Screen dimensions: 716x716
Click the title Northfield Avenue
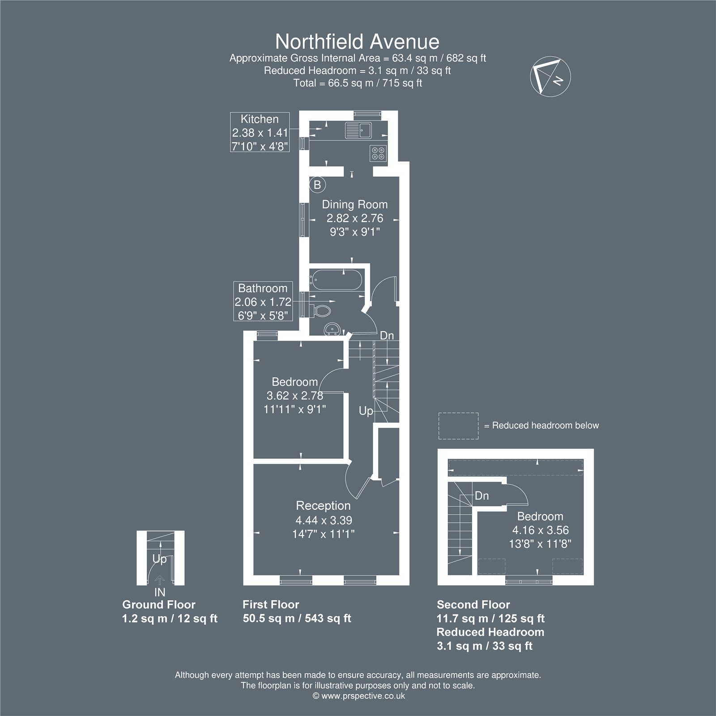click(357, 42)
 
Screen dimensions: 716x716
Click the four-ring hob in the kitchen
click(378, 153)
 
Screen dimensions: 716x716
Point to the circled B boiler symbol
click(317, 184)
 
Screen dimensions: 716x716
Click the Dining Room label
click(355, 205)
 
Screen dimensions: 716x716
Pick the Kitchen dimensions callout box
click(260, 132)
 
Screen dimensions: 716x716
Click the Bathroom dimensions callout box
click(263, 302)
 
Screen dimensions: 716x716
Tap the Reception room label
click(323, 506)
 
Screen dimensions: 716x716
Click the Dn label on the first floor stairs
click(387, 335)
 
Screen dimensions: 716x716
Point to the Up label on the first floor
click(366, 411)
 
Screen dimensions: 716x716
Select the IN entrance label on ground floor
click(159, 592)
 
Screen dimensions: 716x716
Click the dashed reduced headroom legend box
click(458, 426)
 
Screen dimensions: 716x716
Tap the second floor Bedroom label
click(540, 516)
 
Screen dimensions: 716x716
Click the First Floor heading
click(271, 605)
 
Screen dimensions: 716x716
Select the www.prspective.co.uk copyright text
click(359, 696)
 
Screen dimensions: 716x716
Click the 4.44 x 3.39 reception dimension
click(324, 520)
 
